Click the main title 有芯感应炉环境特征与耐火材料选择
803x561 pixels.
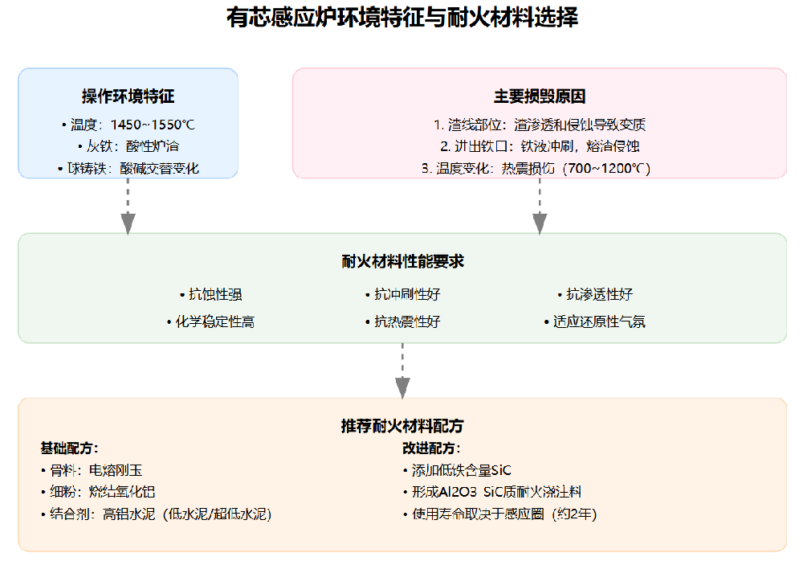(x=401, y=18)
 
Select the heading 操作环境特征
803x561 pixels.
(x=128, y=96)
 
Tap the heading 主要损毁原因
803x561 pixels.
(x=540, y=96)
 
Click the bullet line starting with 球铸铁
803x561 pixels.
(x=128, y=169)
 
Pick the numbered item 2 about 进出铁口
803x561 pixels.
(x=540, y=146)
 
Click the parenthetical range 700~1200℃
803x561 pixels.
(x=606, y=169)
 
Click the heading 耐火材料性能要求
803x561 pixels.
(x=402, y=262)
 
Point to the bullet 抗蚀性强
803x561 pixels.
(x=210, y=294)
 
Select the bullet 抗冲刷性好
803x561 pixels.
(x=402, y=294)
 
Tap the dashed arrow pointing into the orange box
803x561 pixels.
(x=402, y=370)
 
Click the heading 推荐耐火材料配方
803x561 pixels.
(x=402, y=426)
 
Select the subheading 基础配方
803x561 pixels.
(x=69, y=448)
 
